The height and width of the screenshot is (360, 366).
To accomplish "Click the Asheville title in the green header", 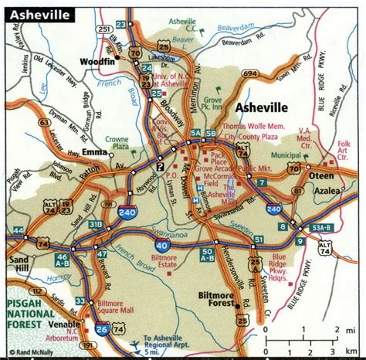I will pos(39,15).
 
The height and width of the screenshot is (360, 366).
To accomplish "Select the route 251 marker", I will pos(103,29).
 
